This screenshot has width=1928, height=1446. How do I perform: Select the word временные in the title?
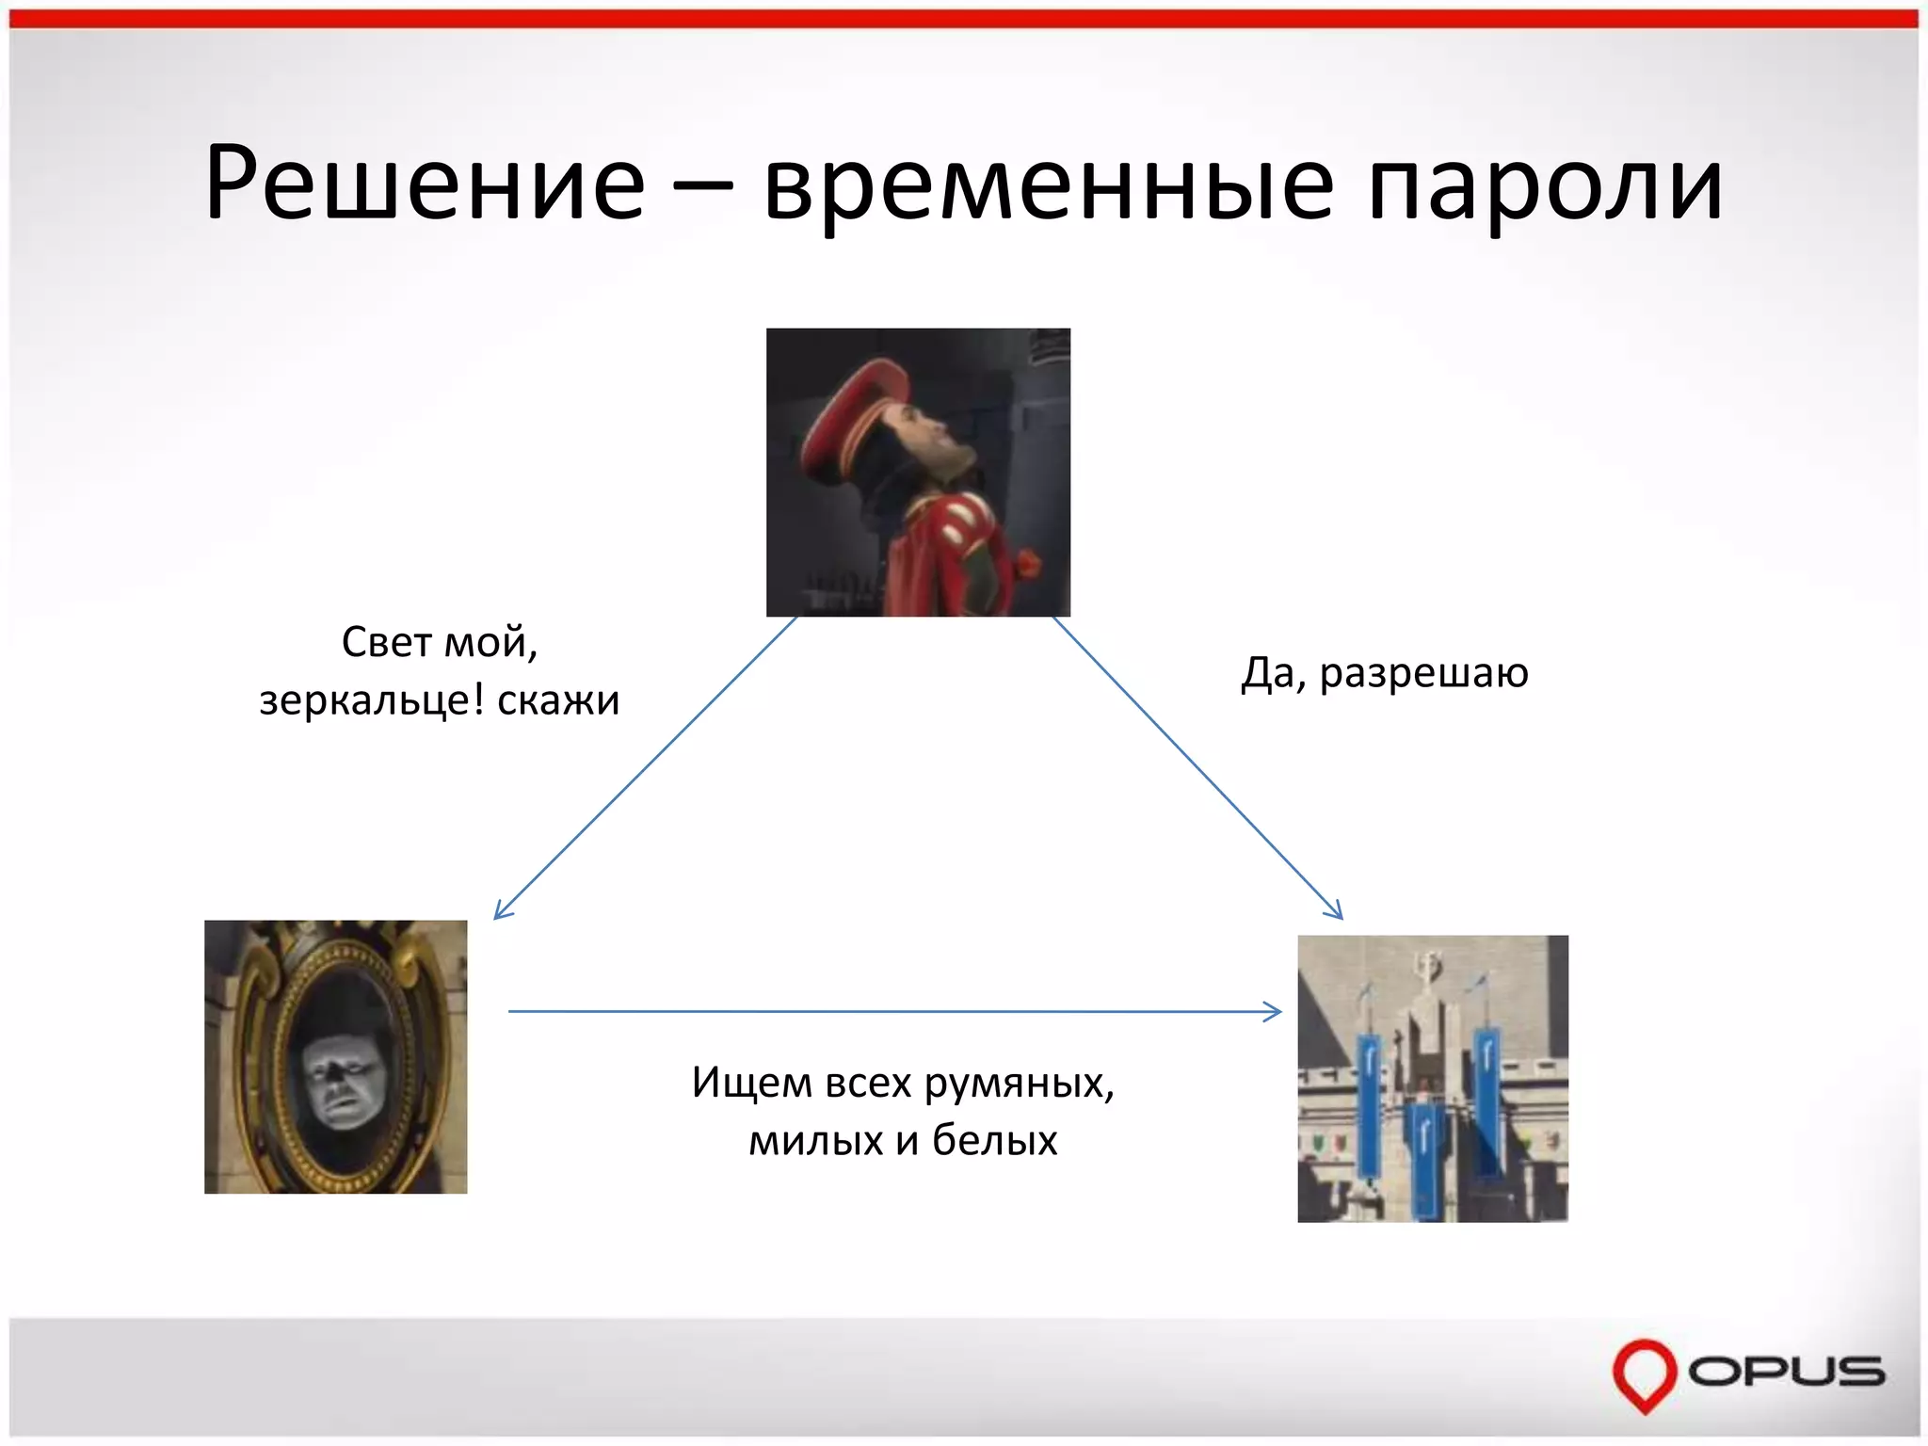[1049, 184]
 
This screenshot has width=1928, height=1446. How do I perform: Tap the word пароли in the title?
[1544, 184]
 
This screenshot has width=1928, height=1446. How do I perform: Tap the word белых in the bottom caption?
[994, 1141]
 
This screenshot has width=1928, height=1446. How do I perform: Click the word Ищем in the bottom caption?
[750, 1083]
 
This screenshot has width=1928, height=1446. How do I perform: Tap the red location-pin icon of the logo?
[1645, 1373]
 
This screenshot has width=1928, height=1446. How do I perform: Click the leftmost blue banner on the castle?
[1369, 1101]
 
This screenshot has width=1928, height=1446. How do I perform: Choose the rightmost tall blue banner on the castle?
[1486, 1097]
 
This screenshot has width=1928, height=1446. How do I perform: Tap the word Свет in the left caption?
[387, 643]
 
